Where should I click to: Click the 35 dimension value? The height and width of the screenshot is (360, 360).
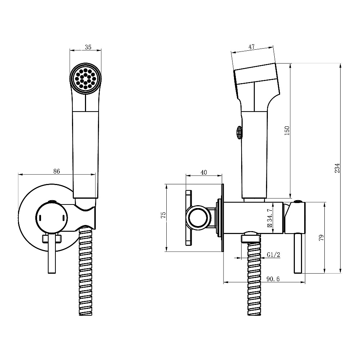88,47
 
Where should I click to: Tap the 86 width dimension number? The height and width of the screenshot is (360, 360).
57,171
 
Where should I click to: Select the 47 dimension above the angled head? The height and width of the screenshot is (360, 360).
252,46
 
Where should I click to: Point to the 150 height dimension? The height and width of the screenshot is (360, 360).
287,130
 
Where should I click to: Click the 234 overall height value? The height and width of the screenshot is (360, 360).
337,168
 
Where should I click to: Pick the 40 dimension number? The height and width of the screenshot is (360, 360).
204,172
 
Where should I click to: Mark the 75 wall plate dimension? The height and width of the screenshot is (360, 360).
163,215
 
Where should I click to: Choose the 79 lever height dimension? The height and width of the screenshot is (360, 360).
321,237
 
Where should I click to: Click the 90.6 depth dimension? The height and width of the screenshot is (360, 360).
273,279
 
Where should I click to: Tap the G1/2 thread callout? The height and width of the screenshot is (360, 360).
274,255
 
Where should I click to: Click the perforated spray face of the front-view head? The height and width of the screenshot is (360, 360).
85,79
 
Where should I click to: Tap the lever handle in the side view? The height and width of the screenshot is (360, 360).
298,253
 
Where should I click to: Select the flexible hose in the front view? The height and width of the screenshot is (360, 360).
85,271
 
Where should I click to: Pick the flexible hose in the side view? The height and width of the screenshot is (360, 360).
255,278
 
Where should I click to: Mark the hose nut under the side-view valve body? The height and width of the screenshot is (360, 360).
251,237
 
